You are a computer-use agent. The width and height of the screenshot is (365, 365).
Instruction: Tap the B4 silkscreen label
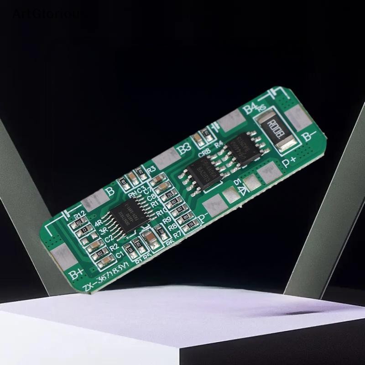pyautogui.click(x=250, y=109)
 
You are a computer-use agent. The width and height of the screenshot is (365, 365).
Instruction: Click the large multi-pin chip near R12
pyautogui.click(x=125, y=219)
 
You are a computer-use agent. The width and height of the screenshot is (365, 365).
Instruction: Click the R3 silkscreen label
pyautogui.click(x=151, y=169)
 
